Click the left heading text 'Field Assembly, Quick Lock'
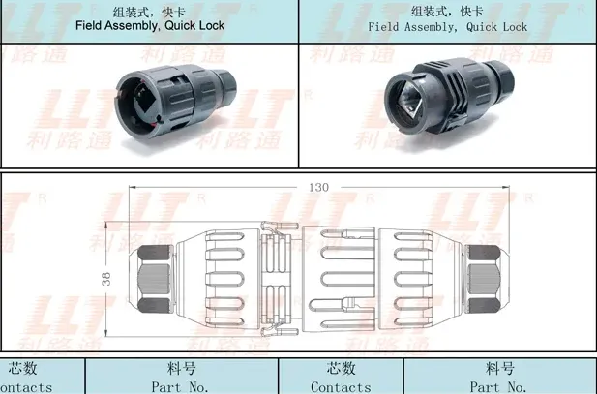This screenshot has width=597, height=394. (149, 26)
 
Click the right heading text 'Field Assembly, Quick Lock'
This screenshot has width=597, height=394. (448, 27)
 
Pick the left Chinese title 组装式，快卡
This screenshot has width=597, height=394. (149, 11)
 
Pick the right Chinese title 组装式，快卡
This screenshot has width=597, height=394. (447, 11)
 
